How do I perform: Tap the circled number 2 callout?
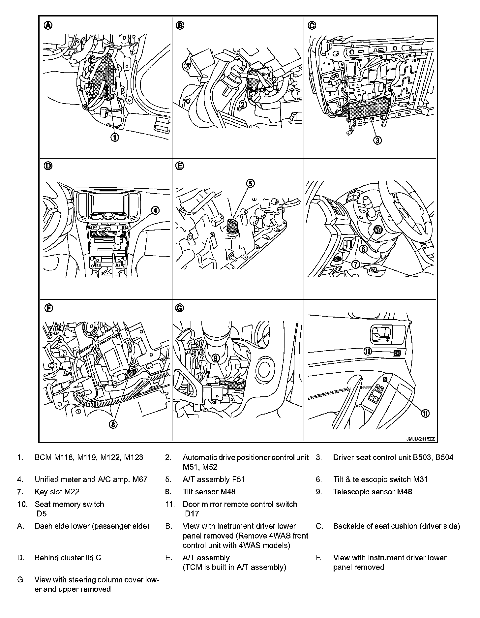[x=243, y=105]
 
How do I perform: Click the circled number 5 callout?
[x=251, y=183]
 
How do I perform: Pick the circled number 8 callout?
[x=113, y=425]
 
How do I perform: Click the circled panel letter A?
[x=48, y=25]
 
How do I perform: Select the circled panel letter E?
[x=180, y=167]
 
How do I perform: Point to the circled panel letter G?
[x=180, y=308]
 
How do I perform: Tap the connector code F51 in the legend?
[x=238, y=479]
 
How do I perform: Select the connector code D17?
[x=192, y=513]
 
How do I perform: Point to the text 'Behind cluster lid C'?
[x=68, y=558]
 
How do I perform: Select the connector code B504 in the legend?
[x=444, y=457]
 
